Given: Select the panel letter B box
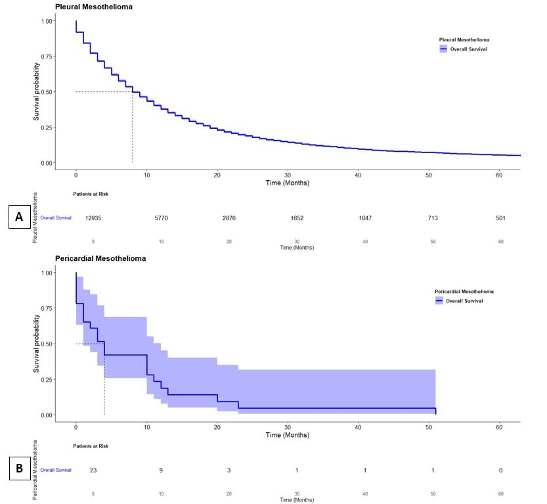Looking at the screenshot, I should pyautogui.click(x=20, y=469).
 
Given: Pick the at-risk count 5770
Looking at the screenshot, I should pyautogui.click(x=161, y=218).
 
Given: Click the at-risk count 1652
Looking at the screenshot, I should pyautogui.click(x=297, y=218).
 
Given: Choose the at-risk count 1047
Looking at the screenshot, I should pyautogui.click(x=364, y=218).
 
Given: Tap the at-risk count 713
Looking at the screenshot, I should pyautogui.click(x=433, y=218).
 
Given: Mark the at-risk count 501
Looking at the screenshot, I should pyautogui.click(x=500, y=218).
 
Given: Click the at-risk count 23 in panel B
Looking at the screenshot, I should pyautogui.click(x=94, y=470).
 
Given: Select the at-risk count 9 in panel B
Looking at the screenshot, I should pyautogui.click(x=161, y=470).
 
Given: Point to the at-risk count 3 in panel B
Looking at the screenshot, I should pyautogui.click(x=229, y=470).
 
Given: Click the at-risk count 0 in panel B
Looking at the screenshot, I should pyautogui.click(x=500, y=470).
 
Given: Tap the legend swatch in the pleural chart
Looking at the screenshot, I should pyautogui.click(x=444, y=49).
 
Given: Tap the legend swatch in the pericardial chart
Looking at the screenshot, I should pyautogui.click(x=439, y=300).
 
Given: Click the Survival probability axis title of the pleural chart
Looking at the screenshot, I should pyautogui.click(x=37, y=91).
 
